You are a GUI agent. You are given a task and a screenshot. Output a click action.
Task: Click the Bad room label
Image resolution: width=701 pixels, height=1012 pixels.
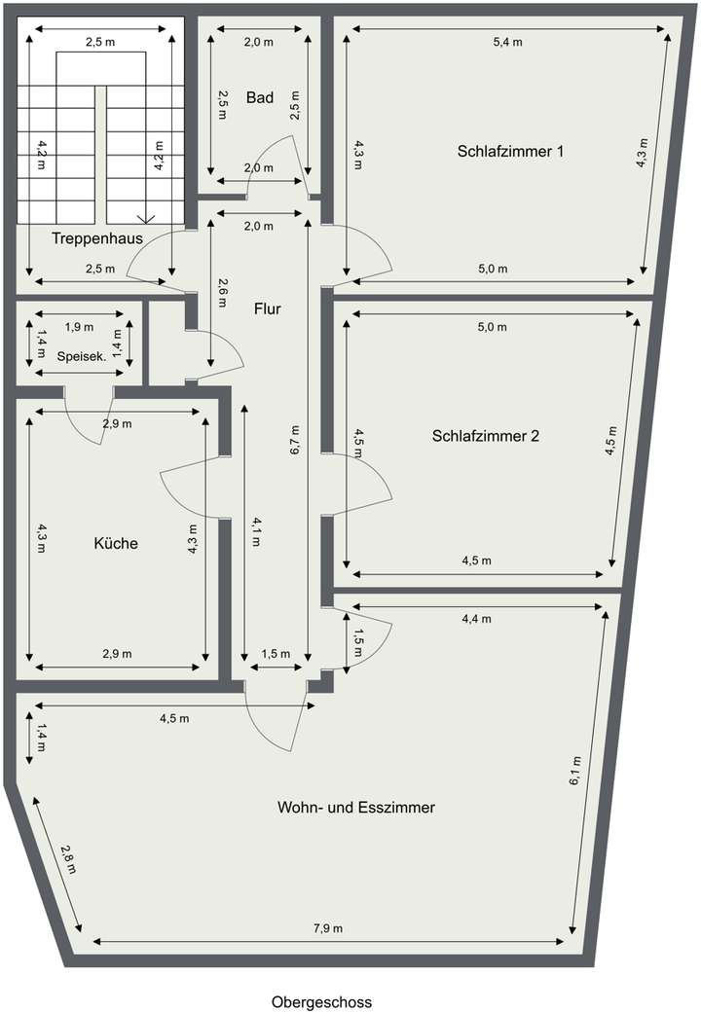[259, 97]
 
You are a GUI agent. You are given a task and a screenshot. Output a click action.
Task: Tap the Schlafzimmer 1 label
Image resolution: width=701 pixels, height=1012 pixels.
[510, 152]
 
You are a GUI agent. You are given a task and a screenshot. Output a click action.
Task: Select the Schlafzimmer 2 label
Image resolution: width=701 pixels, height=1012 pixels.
[485, 436]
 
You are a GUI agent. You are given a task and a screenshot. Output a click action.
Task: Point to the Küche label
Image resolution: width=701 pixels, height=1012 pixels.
[116, 543]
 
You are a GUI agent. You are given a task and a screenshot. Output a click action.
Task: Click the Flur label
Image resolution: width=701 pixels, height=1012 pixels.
[267, 309]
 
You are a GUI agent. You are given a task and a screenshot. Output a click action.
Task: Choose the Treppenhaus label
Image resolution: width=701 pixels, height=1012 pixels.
[97, 237]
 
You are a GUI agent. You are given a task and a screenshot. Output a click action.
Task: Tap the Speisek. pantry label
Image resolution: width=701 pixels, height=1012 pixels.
[82, 356]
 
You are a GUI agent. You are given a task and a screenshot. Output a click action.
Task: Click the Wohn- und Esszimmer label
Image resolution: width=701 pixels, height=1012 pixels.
[355, 808]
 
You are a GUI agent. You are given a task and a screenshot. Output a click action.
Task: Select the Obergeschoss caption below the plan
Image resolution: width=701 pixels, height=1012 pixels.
[321, 1001]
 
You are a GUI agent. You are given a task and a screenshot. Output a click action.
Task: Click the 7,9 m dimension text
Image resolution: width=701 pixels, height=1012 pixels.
[328, 928]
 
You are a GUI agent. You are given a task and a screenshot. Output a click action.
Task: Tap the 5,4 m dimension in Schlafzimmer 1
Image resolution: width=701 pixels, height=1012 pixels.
[507, 42]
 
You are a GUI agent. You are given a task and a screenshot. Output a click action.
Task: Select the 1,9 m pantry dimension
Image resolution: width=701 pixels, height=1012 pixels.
[79, 327]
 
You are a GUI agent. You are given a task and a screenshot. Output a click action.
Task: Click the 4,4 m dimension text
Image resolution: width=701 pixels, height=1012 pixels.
[477, 619]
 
